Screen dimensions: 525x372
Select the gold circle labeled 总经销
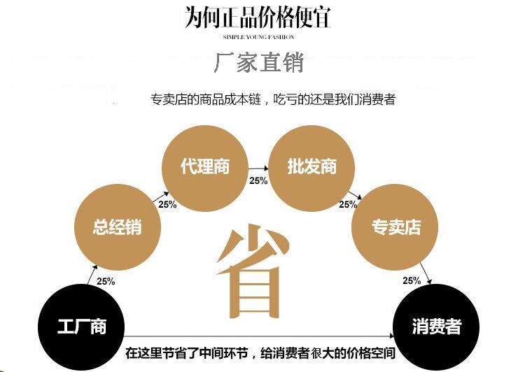tap(117, 227)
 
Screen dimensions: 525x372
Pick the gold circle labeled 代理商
tap(204, 167)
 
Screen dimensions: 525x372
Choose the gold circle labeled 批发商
tap(312, 167)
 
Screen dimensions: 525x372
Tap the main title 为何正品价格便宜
tap(258, 17)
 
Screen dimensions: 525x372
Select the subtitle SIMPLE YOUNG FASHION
tap(258, 36)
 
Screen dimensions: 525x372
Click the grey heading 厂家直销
tap(258, 64)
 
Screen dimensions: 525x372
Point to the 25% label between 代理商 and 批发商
tap(258, 180)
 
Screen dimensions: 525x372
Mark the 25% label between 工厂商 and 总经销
tap(106, 281)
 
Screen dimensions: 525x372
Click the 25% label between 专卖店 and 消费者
tap(412, 280)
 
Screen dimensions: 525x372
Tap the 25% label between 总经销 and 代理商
tap(167, 205)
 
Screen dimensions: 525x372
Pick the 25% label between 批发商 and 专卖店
tap(348, 205)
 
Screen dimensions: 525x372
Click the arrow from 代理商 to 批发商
tap(258, 169)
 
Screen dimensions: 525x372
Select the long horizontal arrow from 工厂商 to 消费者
tap(259, 336)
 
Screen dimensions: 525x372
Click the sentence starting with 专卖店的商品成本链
tap(273, 100)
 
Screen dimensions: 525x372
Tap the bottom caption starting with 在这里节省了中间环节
tap(260, 353)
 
